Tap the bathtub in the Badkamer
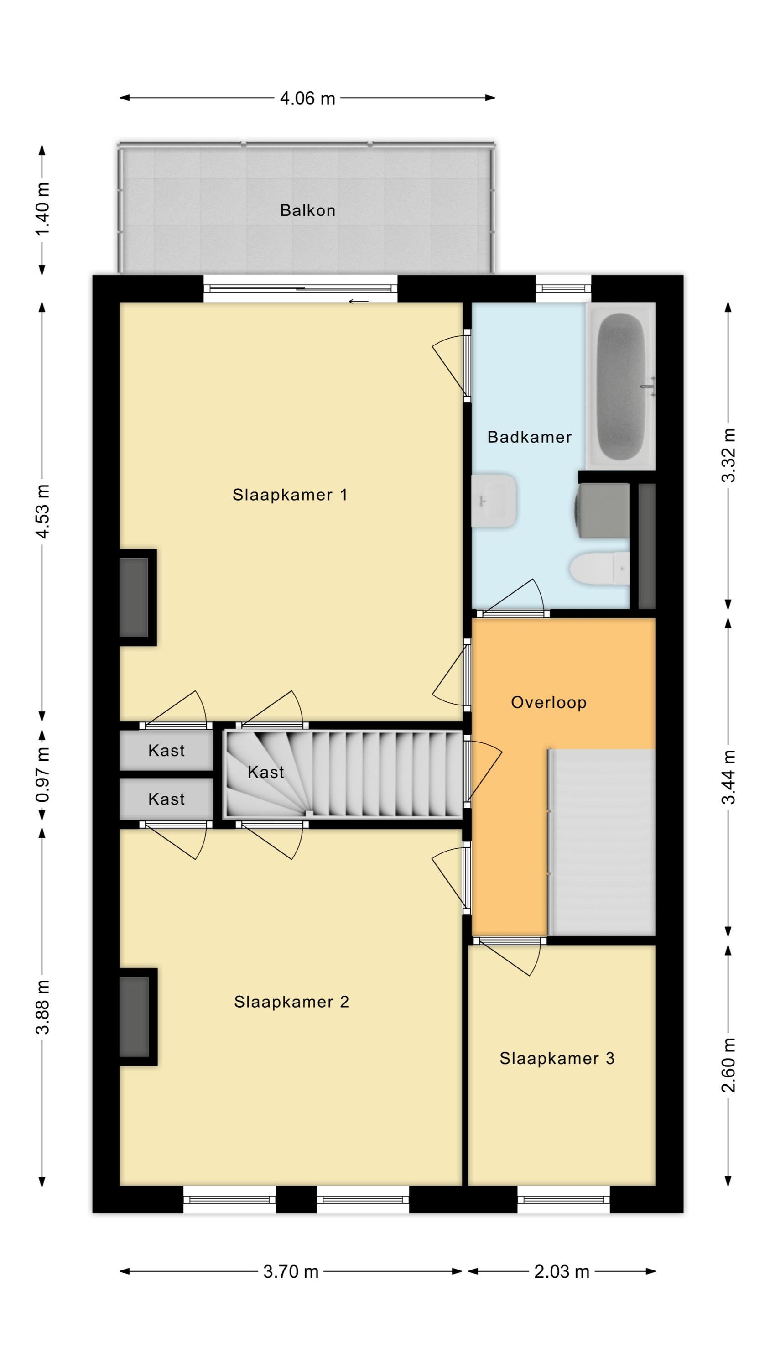(620, 387)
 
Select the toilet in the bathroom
(599, 568)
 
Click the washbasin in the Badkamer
(494, 501)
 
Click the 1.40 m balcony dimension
(43, 210)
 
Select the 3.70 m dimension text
(291, 1271)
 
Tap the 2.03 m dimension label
(562, 1271)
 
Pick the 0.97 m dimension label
(43, 774)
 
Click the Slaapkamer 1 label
(290, 495)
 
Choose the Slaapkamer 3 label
(557, 1058)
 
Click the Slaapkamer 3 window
(563, 1199)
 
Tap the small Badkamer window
(563, 288)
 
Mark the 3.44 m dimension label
(728, 777)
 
